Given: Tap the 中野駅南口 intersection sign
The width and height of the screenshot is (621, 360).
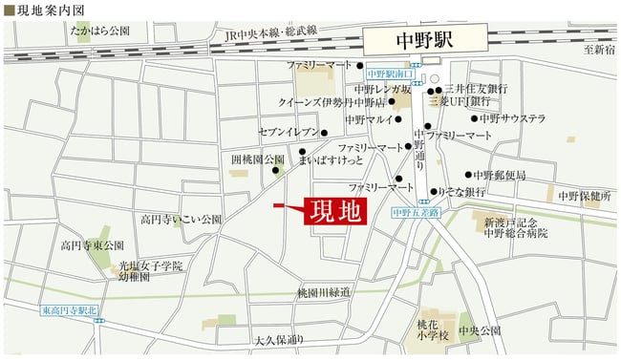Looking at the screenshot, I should tap(390, 74).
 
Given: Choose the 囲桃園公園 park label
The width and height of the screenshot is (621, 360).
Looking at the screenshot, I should tap(258, 159).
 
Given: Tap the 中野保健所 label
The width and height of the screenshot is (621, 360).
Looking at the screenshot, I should tap(585, 196).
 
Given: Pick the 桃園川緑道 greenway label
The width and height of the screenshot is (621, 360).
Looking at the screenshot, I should tap(324, 291).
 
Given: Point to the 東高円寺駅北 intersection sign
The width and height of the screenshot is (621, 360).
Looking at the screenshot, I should tap(70, 310).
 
